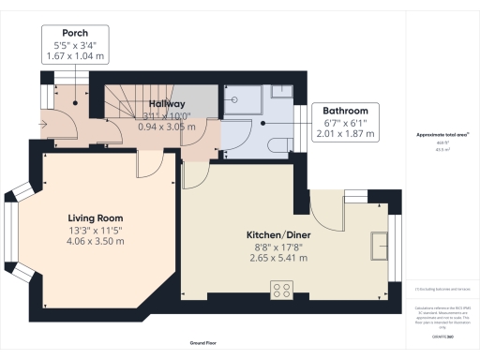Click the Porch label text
point(69,33)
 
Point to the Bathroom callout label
point(346,111)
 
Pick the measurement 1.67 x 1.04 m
point(69,56)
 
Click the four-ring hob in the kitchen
point(280,288)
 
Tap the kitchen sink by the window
point(380,246)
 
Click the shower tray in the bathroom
point(245,100)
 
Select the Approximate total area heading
point(442,135)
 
